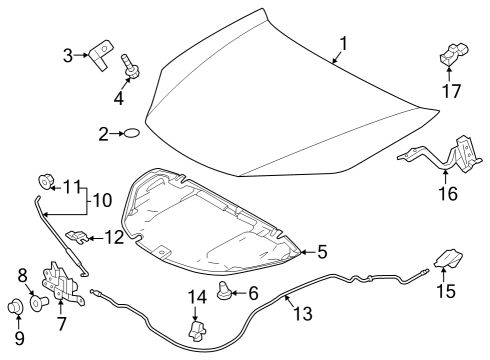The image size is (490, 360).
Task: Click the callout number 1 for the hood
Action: pos(343,44)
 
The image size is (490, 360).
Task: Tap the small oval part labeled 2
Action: pos(131,133)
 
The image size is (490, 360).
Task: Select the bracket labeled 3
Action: pos(101,55)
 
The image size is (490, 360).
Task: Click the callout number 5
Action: pos(322,252)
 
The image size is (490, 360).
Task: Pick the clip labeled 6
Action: pos(223,290)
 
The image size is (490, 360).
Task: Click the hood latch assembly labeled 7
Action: pos(62,283)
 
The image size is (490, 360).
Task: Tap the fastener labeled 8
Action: pos(38,302)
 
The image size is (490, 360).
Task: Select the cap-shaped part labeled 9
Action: pos(15,306)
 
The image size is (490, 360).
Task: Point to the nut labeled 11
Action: pos(45,182)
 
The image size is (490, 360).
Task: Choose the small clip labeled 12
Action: pos(76,237)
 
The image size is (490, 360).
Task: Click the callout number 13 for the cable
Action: pos(303,314)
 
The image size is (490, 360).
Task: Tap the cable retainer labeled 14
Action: pos(197,331)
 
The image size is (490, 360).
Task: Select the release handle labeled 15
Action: pos(448,258)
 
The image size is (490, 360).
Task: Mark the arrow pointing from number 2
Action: pos(117,133)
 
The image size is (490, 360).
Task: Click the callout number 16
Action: pos(448,193)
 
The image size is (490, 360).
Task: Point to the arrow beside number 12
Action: pos(96,238)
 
